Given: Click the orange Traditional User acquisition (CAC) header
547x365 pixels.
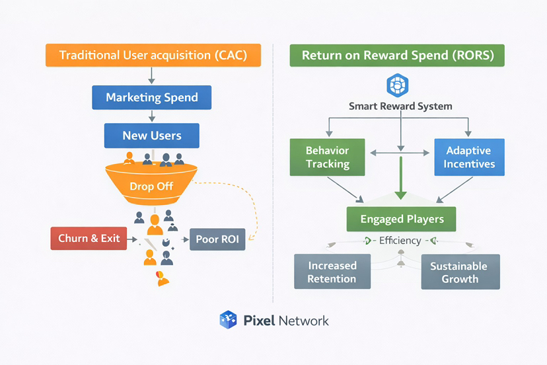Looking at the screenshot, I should pos(153,56).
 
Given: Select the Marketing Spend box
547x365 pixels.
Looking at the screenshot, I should pos(152,98).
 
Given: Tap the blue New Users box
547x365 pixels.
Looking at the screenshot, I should pos(152,136).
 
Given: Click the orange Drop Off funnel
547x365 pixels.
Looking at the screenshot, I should pos(151,184).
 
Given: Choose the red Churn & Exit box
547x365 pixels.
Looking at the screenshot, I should pos(89,238).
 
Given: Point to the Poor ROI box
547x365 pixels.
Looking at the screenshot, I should pos(217,239).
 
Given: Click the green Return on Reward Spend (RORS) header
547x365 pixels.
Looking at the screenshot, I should pos(398,56).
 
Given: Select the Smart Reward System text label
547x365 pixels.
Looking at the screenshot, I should pos(400,106).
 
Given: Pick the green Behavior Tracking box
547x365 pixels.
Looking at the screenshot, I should pos(328,157).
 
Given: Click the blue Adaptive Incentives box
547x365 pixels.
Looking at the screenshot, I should pos(469,157).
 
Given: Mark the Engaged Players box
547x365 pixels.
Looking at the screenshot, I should pos(402,219).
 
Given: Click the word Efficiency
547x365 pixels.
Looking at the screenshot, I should pos(400,241).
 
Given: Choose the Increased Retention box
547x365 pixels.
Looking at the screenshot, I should pos(332,272).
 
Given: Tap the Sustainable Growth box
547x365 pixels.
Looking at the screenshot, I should pos(460,272).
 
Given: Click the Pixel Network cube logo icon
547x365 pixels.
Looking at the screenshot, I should pos(228,321).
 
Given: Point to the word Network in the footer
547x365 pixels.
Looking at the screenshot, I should pos(304,321).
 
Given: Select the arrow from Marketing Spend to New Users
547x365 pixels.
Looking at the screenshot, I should pos(152,116).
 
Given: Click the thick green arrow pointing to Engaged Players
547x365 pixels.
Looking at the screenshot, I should pos(400,179).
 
